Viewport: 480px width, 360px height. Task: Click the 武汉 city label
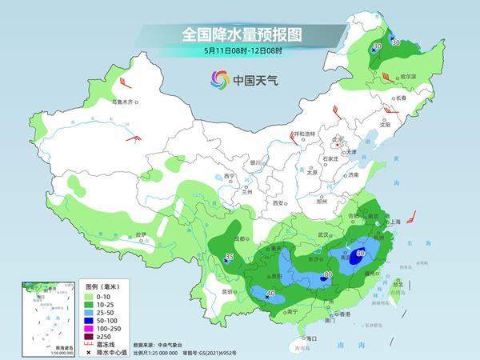click(324, 234)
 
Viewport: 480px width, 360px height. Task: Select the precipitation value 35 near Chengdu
click(229, 258)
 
